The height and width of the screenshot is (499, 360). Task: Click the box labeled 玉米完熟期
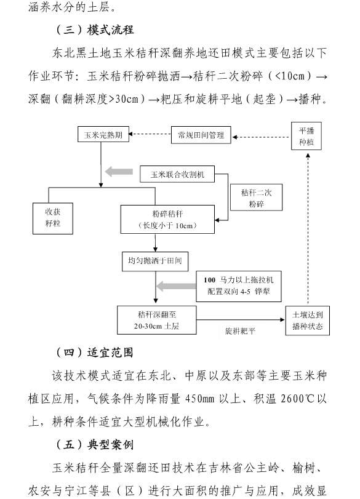103,134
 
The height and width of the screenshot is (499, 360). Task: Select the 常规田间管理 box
201,135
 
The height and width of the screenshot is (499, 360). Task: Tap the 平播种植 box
306,136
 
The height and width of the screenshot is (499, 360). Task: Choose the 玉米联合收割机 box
177,174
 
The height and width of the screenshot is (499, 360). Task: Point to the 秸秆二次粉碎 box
256,198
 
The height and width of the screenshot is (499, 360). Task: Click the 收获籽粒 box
53,218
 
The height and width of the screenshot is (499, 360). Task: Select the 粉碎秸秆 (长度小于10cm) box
167,219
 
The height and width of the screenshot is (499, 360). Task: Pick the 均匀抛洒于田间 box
155,261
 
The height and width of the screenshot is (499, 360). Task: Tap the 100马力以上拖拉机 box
239,286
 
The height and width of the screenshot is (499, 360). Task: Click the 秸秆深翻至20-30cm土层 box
156,320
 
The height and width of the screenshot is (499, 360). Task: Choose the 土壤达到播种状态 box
308,321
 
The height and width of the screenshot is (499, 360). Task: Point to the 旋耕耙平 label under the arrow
241,331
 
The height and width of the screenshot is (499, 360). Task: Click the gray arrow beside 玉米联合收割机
119,172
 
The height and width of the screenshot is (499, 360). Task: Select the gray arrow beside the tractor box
176,285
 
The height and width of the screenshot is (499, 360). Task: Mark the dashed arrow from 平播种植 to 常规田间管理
262,137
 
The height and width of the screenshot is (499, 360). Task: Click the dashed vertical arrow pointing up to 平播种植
308,228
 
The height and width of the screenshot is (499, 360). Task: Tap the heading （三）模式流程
95,30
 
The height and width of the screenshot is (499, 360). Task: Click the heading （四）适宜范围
95,353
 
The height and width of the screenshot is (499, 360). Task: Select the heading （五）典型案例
95,444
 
